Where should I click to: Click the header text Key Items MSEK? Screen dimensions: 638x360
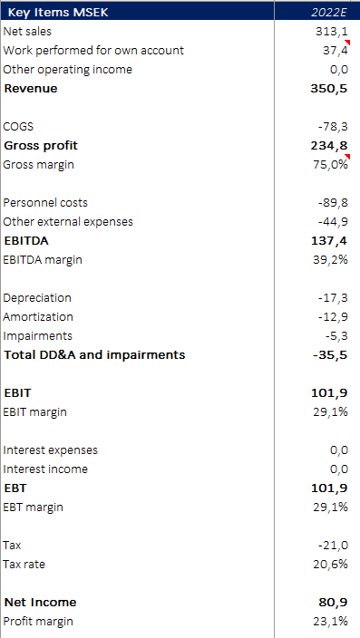[56, 12]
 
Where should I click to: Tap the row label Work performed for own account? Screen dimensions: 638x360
[93, 50]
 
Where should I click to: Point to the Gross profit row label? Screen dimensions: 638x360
[42, 145]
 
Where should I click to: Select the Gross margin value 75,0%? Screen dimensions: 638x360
[330, 165]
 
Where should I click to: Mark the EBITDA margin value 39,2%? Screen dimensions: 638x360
[330, 260]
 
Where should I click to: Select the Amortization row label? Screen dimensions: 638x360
[39, 317]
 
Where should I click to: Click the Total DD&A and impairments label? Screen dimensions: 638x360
[94, 354]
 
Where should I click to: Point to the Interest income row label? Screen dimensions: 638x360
[45, 469]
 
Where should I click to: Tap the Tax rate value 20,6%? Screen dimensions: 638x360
[330, 564]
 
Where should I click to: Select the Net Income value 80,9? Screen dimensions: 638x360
[333, 602]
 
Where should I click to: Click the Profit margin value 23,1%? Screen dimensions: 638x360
[330, 621]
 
